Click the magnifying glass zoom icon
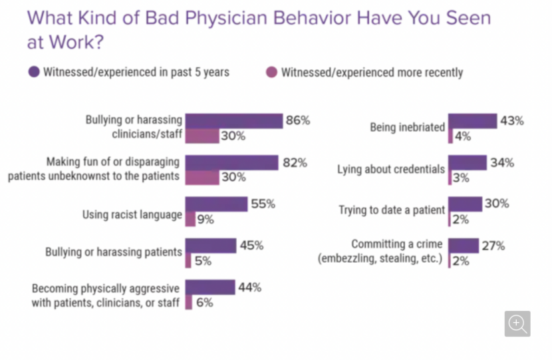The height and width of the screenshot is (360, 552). [517, 323]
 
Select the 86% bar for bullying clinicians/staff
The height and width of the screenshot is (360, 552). [233, 121]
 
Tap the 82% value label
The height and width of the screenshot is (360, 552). [294, 163]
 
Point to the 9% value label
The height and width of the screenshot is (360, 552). [204, 219]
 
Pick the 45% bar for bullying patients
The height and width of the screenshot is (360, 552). [210, 246]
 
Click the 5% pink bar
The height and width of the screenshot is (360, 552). [188, 260]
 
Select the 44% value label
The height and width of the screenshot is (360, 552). [249, 288]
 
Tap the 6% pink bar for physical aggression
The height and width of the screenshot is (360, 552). [189, 302]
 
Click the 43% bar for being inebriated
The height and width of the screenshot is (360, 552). [472, 121]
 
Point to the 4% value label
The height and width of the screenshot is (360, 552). [463, 136]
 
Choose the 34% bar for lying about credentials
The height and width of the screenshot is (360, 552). [468, 163]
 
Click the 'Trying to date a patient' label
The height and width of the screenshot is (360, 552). [392, 210]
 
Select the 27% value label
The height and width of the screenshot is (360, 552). [492, 246]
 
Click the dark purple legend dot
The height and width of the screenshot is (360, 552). [33, 72]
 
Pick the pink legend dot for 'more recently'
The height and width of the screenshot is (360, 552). [271, 72]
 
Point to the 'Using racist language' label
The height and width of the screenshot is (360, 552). [132, 215]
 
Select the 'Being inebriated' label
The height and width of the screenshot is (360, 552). [407, 126]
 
